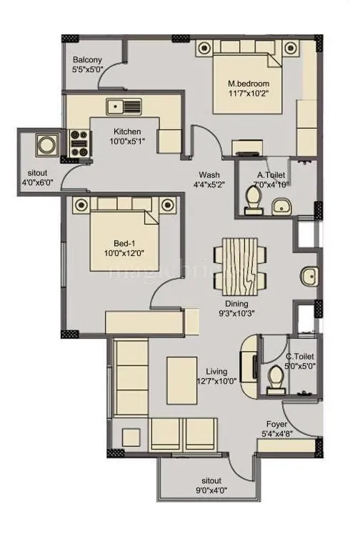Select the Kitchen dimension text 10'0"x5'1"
pos(126,142)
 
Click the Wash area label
pos(209,174)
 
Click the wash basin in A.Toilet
pos(280,208)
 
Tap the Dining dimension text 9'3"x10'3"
pos(236,313)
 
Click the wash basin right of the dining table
pos(309,275)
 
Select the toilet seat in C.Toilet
pos(275,378)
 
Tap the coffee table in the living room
pos(181,380)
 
